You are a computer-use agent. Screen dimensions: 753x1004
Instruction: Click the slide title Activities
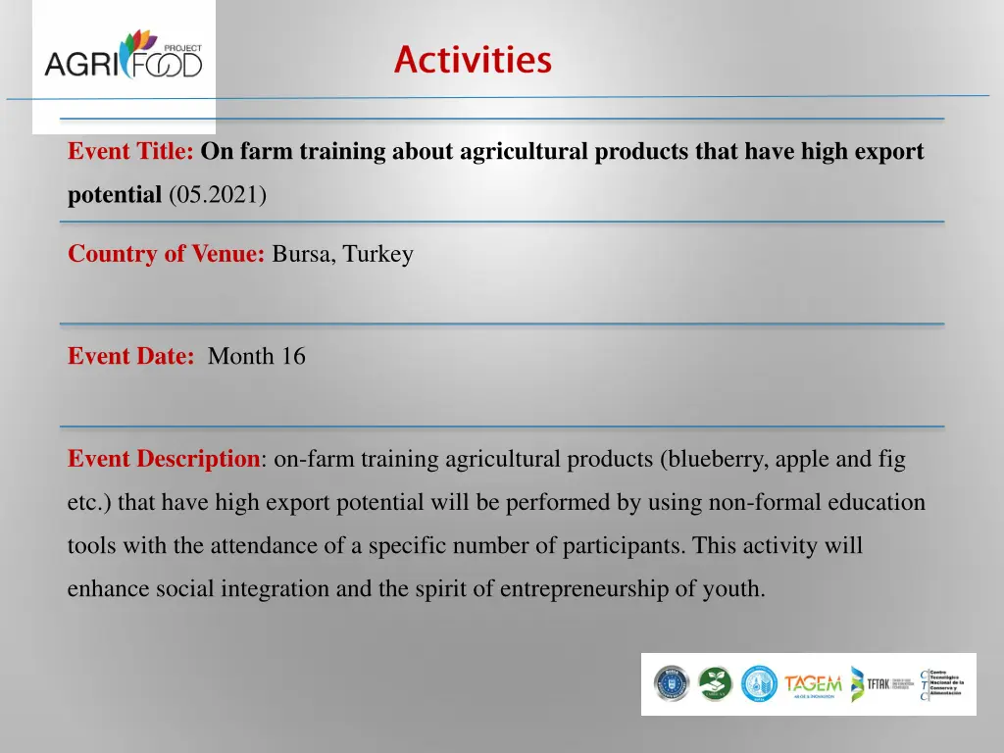(473, 60)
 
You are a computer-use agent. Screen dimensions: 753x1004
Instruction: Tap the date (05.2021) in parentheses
(217, 195)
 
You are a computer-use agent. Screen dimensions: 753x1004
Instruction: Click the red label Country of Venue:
(167, 255)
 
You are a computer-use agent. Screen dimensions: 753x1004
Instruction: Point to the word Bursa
(303, 255)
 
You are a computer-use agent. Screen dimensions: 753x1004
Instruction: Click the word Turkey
(378, 255)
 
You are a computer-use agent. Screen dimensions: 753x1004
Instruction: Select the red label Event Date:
(131, 357)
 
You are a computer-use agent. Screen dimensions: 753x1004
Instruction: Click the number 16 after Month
(293, 357)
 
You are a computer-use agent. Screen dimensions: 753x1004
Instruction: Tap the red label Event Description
(162, 459)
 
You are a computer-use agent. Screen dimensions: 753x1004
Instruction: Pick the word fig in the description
(890, 459)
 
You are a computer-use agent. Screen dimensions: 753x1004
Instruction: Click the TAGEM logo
(812, 684)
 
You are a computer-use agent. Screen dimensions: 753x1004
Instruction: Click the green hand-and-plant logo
(715, 684)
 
